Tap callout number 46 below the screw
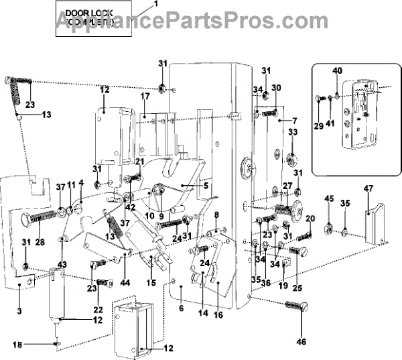click(x=301, y=342)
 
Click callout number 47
click(x=368, y=188)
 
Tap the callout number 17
click(x=144, y=97)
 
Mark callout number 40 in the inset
click(x=336, y=70)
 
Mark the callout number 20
click(x=310, y=219)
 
